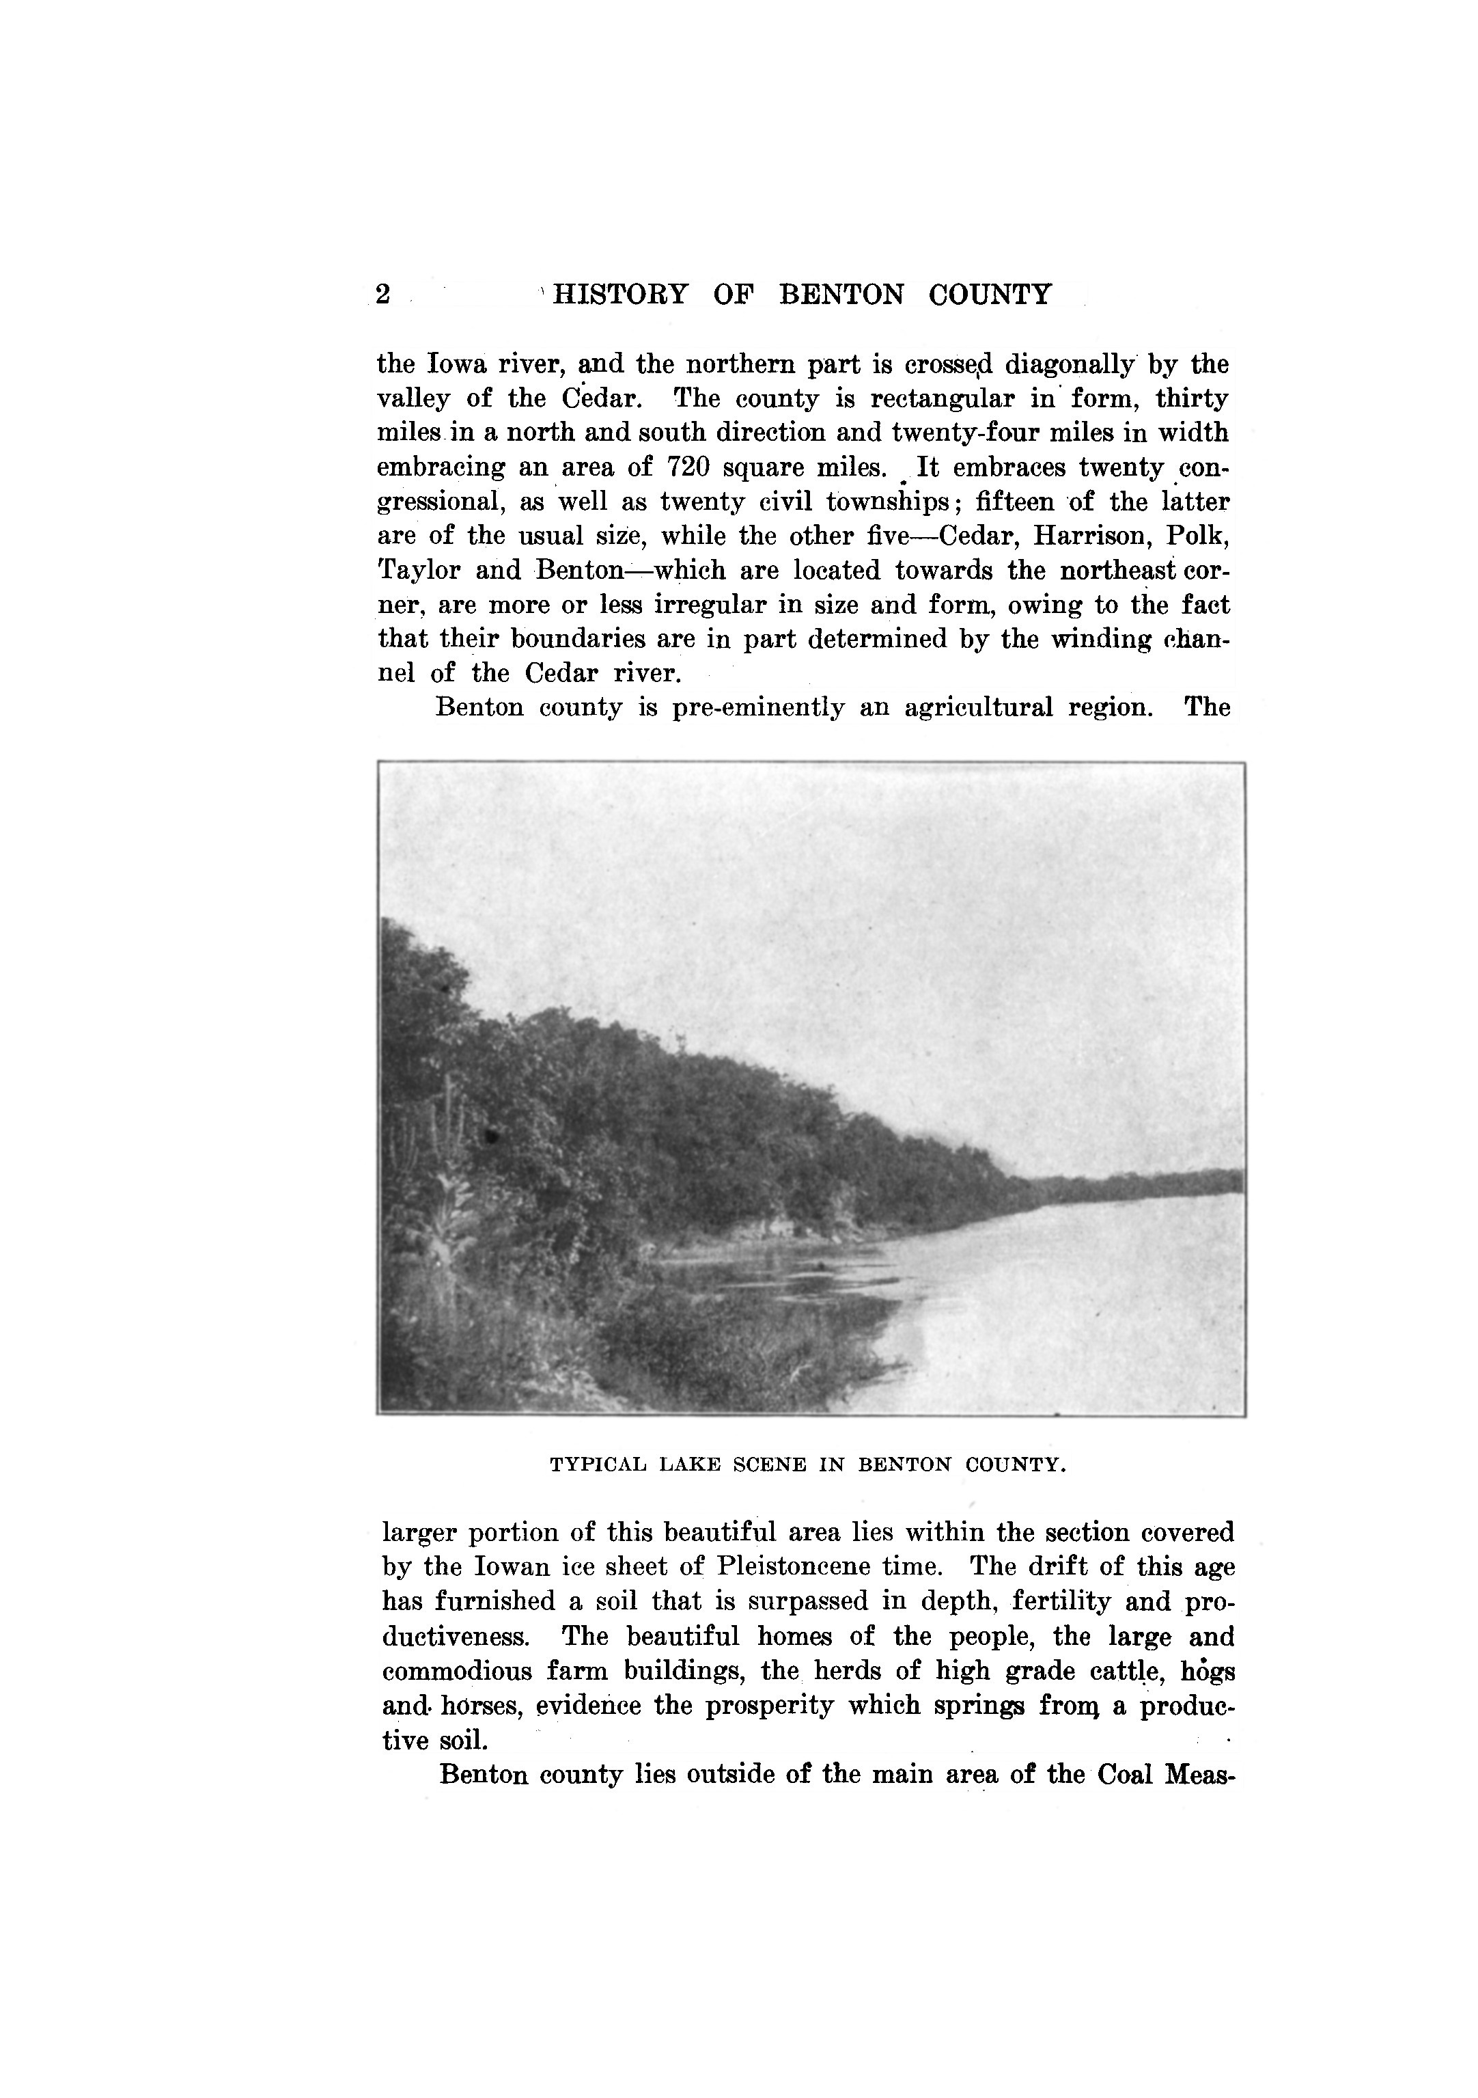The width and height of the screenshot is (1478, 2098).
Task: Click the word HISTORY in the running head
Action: [x=620, y=295]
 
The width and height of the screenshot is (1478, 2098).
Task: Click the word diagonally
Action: [x=1070, y=365]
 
